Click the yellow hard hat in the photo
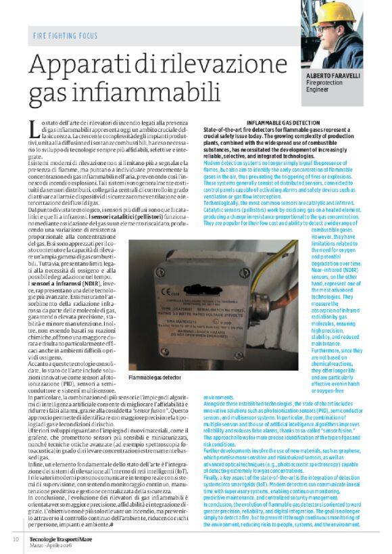point(341,11)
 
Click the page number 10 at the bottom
point(15,539)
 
